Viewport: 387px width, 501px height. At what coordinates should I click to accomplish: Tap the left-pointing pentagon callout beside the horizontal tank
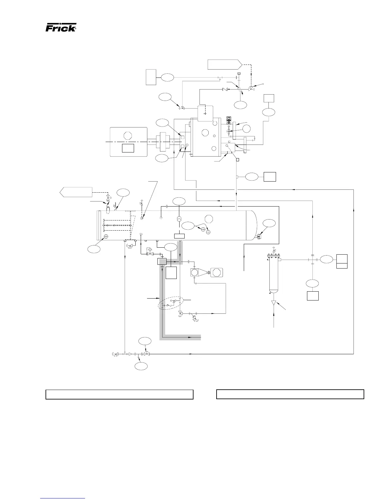click(x=76, y=192)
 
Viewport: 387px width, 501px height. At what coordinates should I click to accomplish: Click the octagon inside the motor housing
click(x=127, y=136)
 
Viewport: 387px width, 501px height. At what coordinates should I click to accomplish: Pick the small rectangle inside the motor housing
click(x=128, y=148)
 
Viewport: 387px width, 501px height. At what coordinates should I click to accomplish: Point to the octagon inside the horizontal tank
click(x=208, y=219)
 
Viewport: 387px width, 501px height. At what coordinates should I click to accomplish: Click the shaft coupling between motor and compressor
click(x=165, y=142)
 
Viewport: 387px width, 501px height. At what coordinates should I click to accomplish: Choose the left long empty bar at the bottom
click(x=120, y=394)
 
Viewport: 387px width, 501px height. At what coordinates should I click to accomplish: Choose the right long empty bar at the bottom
click(x=290, y=394)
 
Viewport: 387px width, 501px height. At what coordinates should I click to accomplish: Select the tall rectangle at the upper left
click(x=151, y=77)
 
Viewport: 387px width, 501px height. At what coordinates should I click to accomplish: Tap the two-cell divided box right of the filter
click(x=342, y=261)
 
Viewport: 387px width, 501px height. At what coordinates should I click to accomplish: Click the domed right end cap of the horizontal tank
click(x=252, y=225)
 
